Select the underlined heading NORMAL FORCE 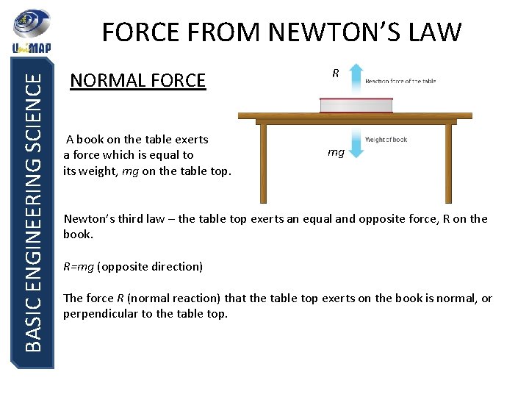137,80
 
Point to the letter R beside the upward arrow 336,74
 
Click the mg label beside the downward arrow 336,153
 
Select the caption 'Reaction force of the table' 400,81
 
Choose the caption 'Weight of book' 386,140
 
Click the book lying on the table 356,104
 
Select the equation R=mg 79,266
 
